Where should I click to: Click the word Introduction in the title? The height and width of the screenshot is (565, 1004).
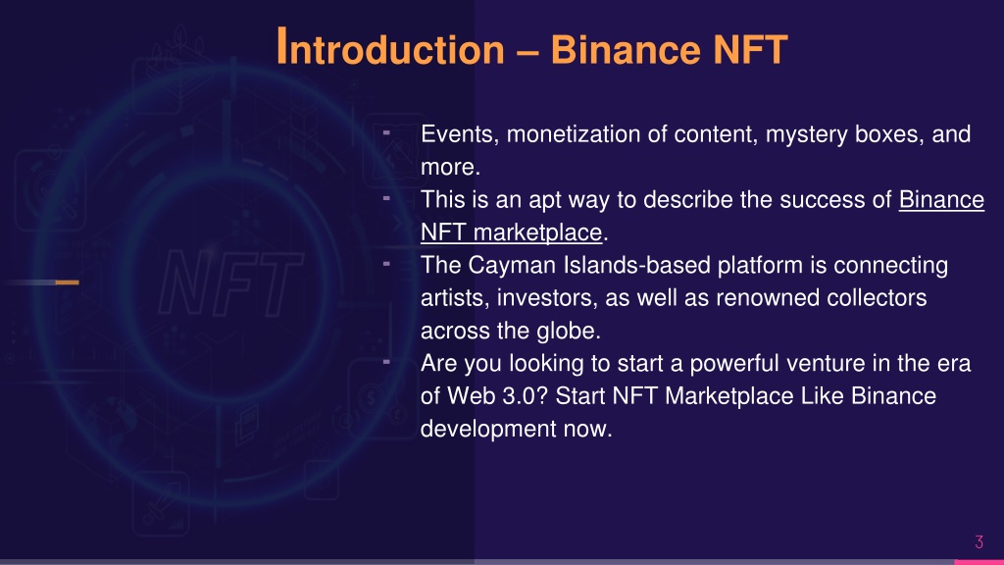(390, 49)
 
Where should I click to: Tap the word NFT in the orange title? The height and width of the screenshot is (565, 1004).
(750, 50)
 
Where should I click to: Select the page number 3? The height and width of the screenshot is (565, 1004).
(979, 541)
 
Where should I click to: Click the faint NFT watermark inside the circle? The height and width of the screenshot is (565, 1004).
(230, 283)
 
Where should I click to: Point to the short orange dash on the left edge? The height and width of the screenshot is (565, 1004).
(67, 282)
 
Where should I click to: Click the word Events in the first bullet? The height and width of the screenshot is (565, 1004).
(460, 134)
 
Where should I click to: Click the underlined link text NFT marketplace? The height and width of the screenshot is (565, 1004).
(511, 231)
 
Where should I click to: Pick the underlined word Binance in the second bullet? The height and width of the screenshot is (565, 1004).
(941, 199)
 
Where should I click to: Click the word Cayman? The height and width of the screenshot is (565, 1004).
(512, 266)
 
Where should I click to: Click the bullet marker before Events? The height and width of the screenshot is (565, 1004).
(386, 132)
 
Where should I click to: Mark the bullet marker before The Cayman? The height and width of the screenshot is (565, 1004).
(386, 263)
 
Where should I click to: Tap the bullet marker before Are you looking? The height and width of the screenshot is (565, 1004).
(386, 362)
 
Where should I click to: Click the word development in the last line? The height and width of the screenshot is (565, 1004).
(488, 429)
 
